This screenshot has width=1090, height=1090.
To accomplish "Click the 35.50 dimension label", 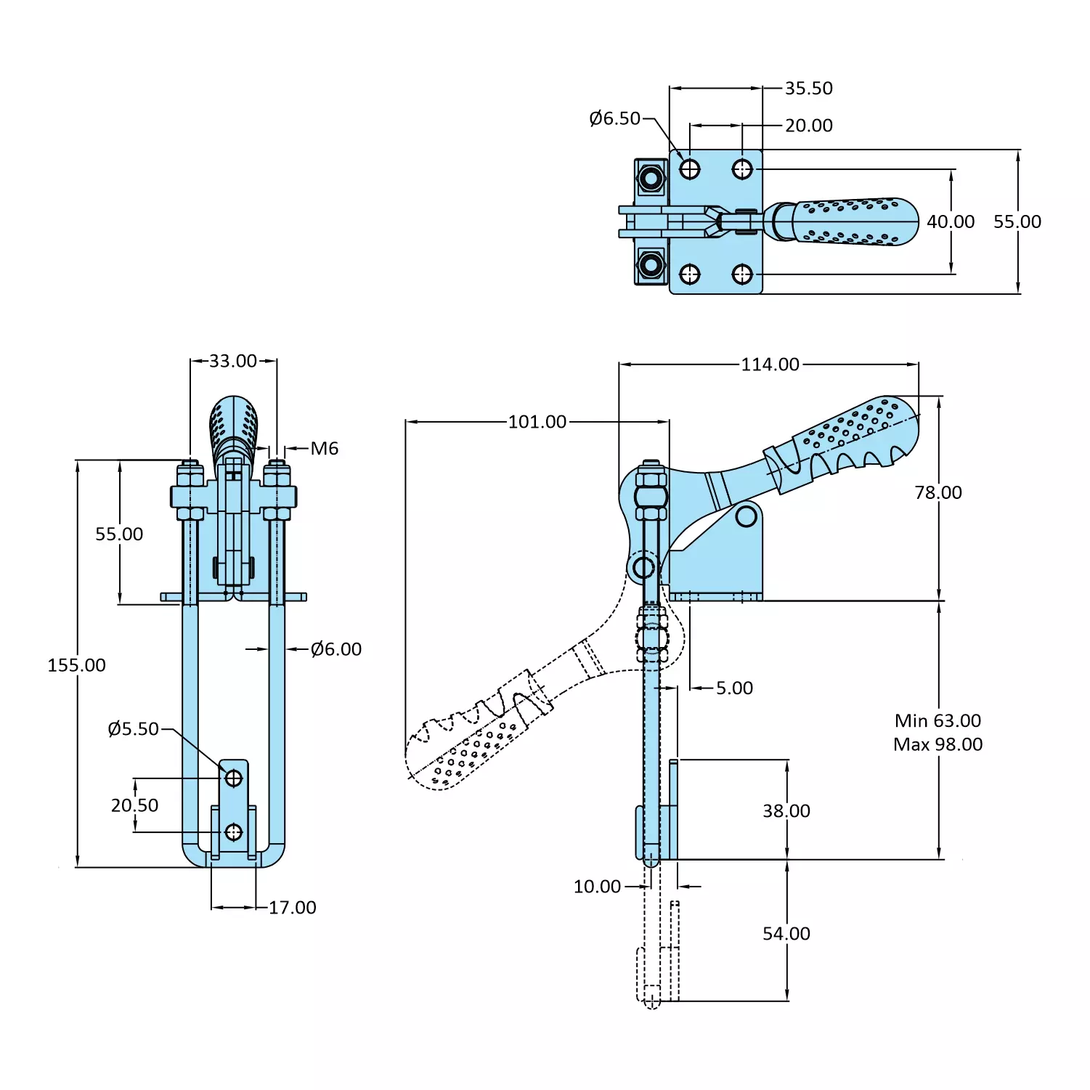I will pos(808,89).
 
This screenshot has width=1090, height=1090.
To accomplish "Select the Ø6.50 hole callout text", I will pos(614,118).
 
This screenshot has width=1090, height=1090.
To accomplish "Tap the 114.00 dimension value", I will pos(770,365).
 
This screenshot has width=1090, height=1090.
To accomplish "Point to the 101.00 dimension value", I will pos(537,422).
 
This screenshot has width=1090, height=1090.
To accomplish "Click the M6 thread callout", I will pos(324,449).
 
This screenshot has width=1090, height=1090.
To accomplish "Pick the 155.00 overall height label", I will pos(76,665).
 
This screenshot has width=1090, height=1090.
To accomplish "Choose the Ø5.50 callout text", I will pos(133,729).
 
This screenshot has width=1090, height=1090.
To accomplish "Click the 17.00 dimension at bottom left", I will pos(292,908).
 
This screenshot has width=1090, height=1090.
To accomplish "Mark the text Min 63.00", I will pos(938,721).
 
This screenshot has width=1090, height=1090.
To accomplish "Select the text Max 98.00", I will pos(938,744).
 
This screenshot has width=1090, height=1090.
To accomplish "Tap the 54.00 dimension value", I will pos(786,934).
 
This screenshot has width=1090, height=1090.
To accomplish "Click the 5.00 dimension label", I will pos(734,688).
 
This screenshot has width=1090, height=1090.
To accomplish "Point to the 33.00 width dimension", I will pos(233,362).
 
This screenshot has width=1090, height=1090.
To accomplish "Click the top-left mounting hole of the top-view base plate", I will pos(689,169).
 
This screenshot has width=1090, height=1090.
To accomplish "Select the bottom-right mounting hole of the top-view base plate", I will pos(741,274).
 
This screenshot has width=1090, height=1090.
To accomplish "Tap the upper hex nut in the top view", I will pos(651,178).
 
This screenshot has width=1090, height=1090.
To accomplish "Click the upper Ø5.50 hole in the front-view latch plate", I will pos(233,778).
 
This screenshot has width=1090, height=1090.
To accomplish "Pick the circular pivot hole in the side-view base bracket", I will pos(746,516).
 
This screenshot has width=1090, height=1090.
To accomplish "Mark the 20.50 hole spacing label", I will pos(134,805).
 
